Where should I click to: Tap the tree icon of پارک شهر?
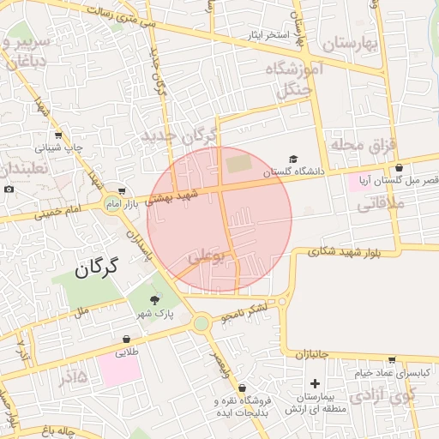tap(154, 299)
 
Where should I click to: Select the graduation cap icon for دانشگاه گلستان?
tap(294, 159)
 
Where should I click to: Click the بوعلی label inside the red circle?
tap(205, 255)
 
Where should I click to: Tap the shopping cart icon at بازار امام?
tap(123, 191)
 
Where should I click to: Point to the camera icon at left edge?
tap(9, 189)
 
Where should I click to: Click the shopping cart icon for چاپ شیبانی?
tap(58, 135)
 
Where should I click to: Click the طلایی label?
tap(127, 352)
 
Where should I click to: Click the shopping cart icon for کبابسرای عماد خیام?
tap(392, 359)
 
